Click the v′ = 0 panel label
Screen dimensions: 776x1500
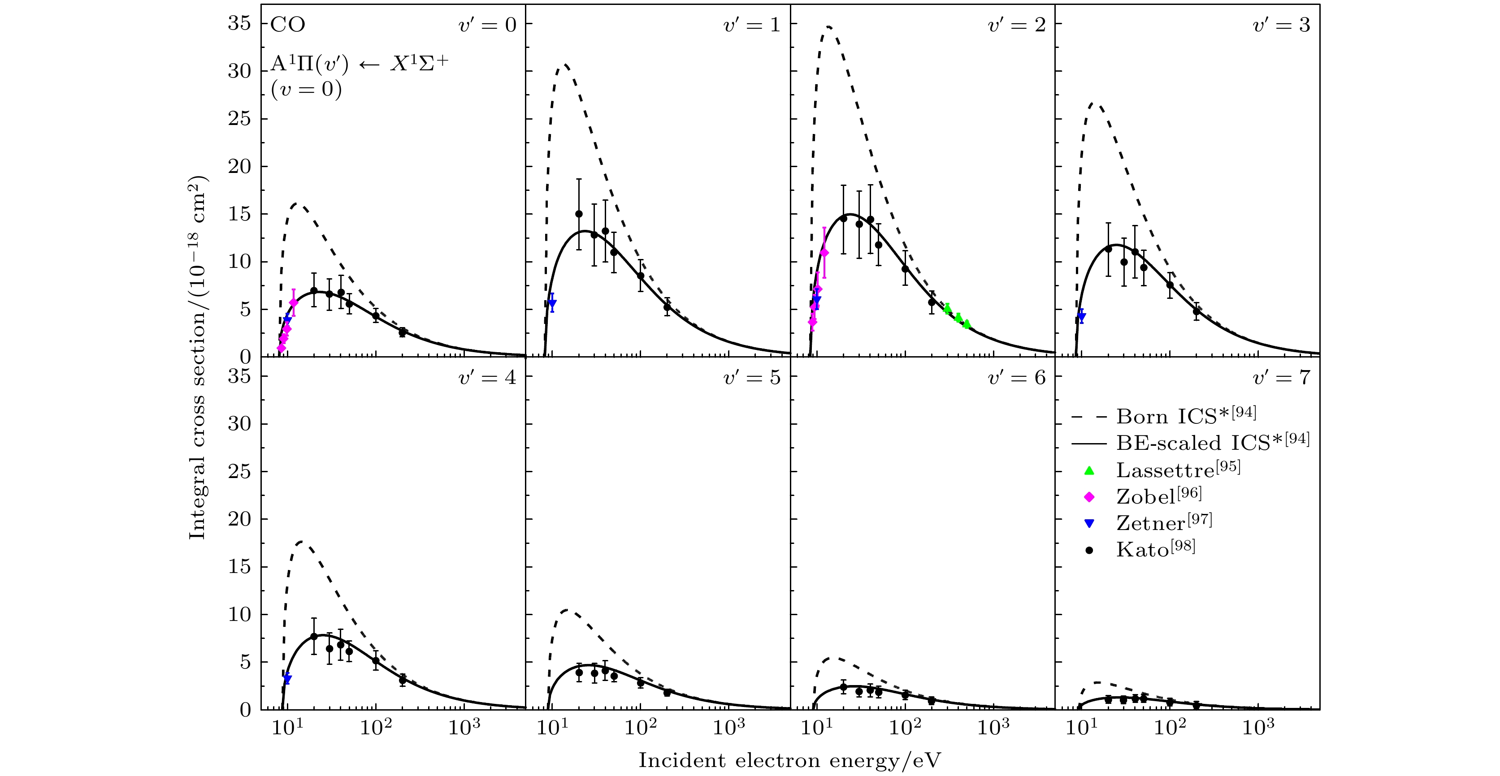tap(487, 25)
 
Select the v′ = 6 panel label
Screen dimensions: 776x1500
tap(1017, 378)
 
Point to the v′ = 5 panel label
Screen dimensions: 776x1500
tap(752, 378)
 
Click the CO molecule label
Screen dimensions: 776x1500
tap(288, 25)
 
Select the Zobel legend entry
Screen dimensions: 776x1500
tap(1158, 496)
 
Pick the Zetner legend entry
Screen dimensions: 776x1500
tap(1163, 522)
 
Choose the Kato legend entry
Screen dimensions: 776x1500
tap(1155, 549)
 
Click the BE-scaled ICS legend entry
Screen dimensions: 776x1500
tap(1212, 442)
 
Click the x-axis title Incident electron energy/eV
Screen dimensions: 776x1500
tap(789, 760)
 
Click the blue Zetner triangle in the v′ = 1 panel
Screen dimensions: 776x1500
tap(552, 303)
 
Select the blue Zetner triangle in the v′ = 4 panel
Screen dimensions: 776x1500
tap(286, 679)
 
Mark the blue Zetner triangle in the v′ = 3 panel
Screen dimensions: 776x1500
tap(1081, 317)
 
